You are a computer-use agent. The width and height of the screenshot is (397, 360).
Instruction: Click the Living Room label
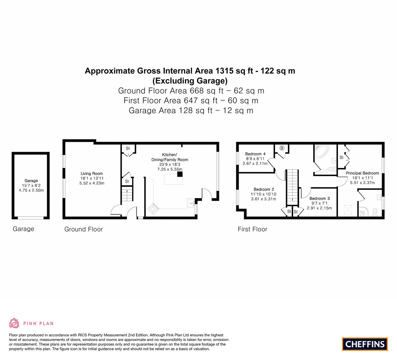point(92,173)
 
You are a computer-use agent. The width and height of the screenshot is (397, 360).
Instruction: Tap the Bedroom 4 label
point(255,154)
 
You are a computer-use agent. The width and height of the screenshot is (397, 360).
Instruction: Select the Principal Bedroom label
point(362,173)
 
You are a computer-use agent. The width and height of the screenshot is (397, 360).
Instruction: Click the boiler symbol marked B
point(282,148)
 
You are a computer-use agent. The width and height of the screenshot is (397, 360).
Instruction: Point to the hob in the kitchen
point(153,208)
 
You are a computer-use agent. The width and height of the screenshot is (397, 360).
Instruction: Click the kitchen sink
point(191,203)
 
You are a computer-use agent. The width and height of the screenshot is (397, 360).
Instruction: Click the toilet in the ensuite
point(375,212)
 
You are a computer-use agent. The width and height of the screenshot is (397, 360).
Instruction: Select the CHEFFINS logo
point(365,344)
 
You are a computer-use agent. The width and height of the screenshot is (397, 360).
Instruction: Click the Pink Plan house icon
point(14,323)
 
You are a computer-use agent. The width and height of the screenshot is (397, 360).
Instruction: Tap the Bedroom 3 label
point(320,198)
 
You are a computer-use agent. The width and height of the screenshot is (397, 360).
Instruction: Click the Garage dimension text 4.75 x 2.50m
point(31,190)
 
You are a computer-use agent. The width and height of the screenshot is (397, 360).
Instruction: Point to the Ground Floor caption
point(84,229)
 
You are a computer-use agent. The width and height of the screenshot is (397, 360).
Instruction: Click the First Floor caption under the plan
point(252,229)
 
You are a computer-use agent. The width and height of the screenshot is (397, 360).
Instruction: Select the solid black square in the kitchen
point(180,174)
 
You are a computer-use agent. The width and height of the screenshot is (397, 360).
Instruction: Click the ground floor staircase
point(127,194)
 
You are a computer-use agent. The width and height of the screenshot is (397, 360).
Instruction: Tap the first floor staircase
point(292,187)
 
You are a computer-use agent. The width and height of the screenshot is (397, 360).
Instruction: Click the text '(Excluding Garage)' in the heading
point(190,81)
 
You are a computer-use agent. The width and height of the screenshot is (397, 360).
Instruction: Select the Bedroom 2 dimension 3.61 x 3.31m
point(264,199)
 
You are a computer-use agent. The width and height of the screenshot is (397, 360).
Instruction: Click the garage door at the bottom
point(31,217)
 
